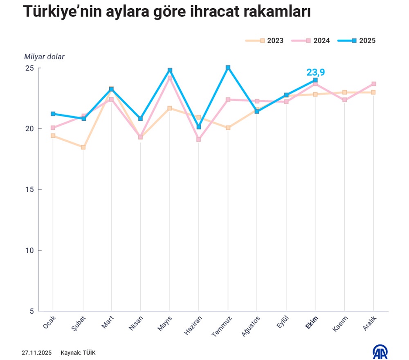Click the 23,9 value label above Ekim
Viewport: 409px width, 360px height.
coord(315,73)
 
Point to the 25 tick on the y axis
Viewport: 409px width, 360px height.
coord(29,68)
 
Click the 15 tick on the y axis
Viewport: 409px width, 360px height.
coord(29,189)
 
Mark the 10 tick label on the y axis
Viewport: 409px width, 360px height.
coord(29,250)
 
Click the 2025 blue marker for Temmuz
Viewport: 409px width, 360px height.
coord(228,67)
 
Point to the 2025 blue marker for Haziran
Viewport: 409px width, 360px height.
coord(199,127)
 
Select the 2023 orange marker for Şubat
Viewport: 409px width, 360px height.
coord(83,147)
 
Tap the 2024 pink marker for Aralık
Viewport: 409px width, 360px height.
coord(374,84)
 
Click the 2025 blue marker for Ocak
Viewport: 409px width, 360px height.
coord(53,114)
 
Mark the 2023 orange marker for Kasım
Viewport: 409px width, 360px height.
coord(344,92)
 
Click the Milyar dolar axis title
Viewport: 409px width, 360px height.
coord(44,57)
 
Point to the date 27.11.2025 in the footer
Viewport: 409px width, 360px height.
coord(36,352)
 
